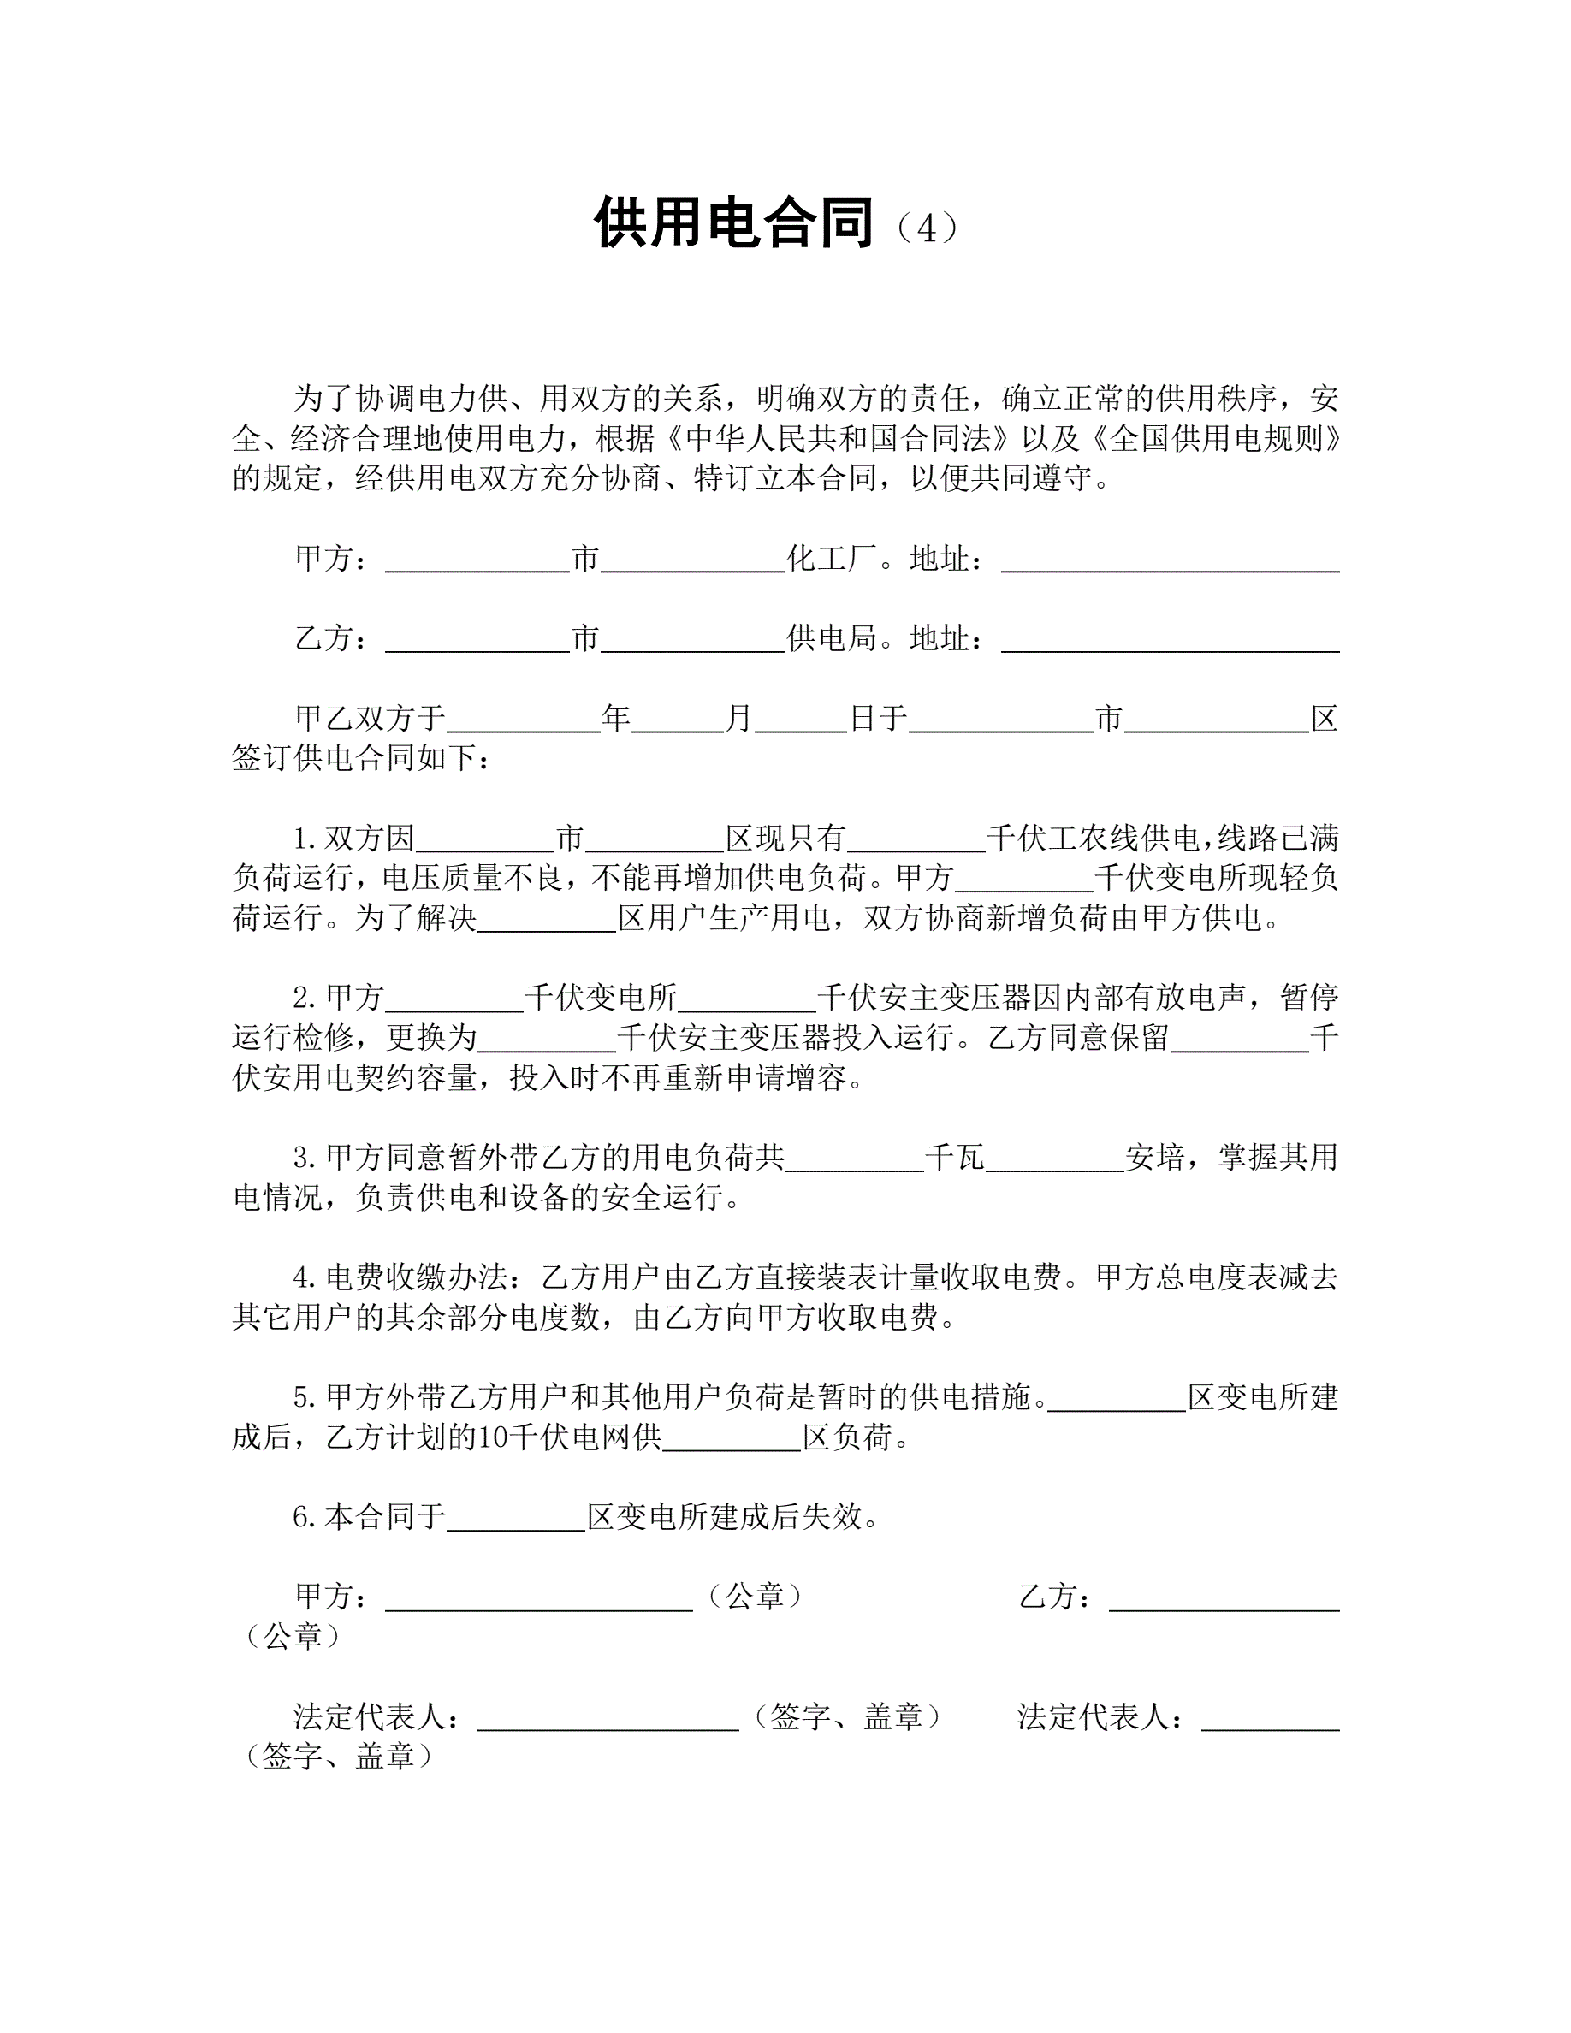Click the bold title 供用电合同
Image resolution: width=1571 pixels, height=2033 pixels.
pyautogui.click(x=733, y=223)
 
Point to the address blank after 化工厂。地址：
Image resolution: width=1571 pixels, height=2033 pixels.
pyautogui.click(x=1170, y=560)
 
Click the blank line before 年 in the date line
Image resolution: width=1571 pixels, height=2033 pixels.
pyautogui.click(x=523, y=720)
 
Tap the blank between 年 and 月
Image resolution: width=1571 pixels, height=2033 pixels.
pyautogui.click(x=678, y=720)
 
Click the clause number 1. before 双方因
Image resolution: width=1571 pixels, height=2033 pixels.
pyautogui.click(x=305, y=839)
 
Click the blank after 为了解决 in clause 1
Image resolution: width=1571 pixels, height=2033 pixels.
pyautogui.click(x=548, y=920)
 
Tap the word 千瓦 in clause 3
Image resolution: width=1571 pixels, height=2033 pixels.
pyautogui.click(x=954, y=1158)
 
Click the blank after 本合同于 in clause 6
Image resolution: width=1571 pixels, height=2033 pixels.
pyautogui.click(x=517, y=1518)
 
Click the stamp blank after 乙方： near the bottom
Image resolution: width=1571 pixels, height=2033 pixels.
pyautogui.click(x=1224, y=1598)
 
